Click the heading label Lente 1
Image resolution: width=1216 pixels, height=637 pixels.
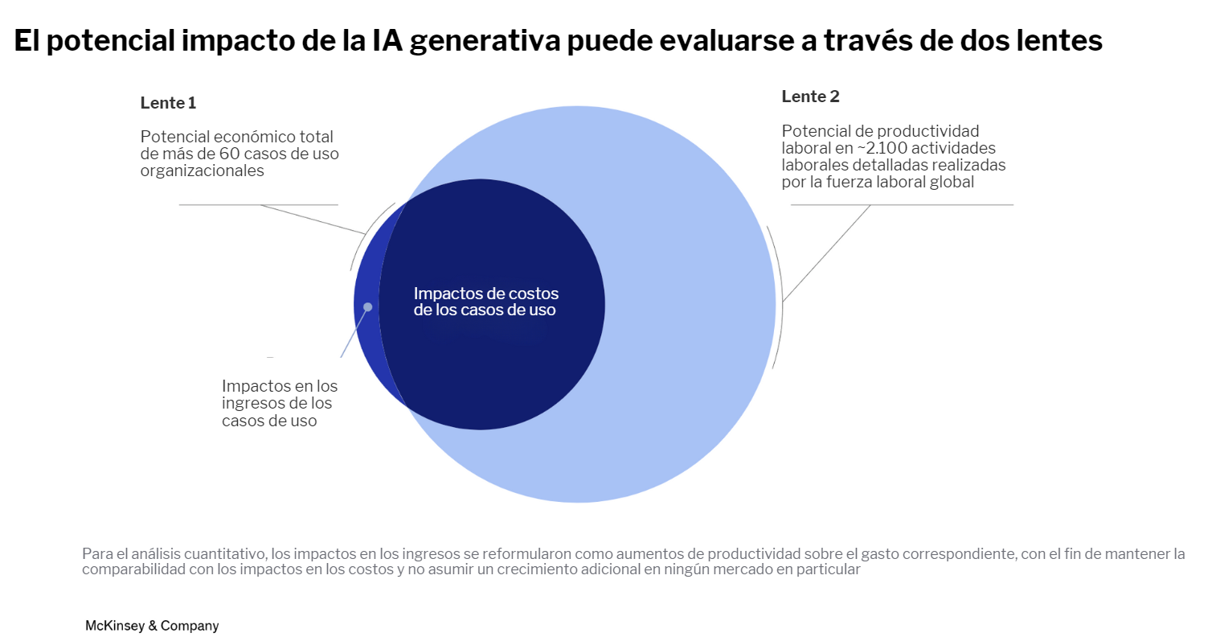tap(168, 103)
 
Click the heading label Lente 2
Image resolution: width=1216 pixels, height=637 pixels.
tap(810, 97)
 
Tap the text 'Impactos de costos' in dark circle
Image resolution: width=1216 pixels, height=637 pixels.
tap(485, 294)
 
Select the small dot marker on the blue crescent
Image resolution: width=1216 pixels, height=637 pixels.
tap(368, 306)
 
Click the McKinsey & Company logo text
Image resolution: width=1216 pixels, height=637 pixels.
tap(152, 625)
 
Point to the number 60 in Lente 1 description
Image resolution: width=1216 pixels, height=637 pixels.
tap(230, 154)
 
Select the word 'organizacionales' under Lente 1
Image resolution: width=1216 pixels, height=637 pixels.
tap(202, 171)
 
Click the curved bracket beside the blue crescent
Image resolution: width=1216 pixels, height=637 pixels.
tap(367, 236)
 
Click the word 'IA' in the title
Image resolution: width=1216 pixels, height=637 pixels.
tap(388, 41)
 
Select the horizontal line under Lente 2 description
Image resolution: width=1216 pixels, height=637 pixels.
tap(902, 205)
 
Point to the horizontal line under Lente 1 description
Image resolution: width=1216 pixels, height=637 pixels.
tap(258, 205)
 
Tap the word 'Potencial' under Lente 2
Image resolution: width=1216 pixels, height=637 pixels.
tap(815, 131)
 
